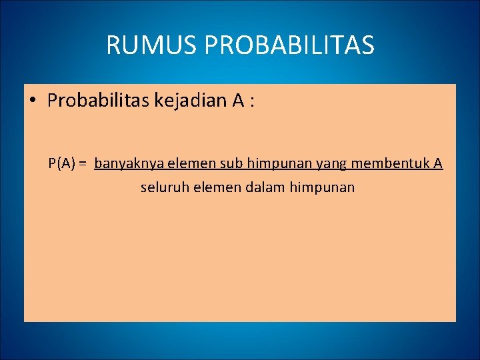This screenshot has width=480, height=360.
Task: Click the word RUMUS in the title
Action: [x=151, y=45]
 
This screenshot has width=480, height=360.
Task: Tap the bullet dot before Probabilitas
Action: [x=33, y=101]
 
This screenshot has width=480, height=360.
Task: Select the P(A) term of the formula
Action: [x=61, y=163]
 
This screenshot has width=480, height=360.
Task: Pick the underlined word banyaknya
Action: [x=123, y=163]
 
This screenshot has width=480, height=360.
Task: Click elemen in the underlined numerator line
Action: [x=177, y=163]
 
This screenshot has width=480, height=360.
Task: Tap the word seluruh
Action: [x=161, y=187]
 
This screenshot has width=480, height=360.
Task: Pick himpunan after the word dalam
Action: [x=322, y=187]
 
